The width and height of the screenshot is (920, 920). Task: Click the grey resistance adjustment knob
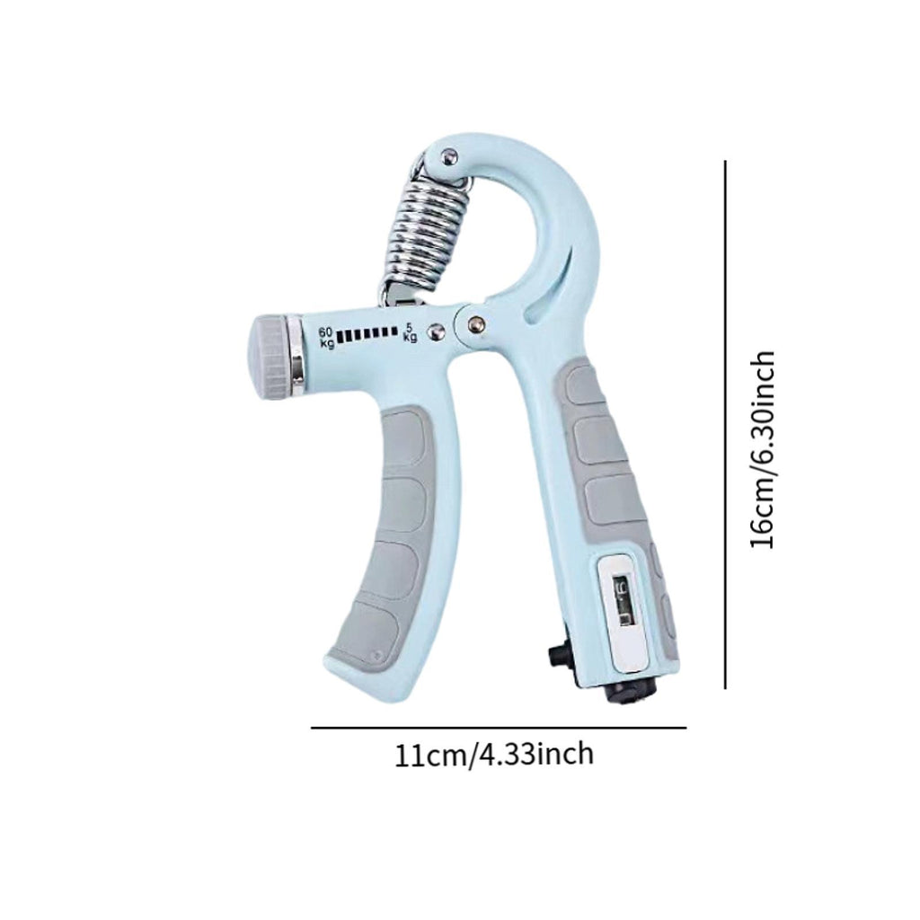tap(271, 358)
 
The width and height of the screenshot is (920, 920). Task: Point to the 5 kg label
tap(410, 332)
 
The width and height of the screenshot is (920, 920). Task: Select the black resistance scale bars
tap(367, 334)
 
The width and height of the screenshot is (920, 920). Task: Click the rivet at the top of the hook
tap(450, 156)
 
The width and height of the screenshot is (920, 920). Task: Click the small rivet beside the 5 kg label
tap(438, 332)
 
